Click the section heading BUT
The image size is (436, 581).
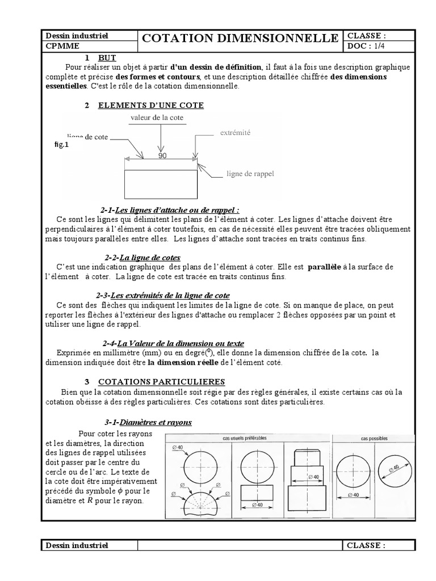coord(106,58)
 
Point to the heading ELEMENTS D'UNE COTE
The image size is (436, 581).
coord(151,106)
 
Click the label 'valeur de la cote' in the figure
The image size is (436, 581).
coord(161,117)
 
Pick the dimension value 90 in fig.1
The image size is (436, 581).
coord(162,155)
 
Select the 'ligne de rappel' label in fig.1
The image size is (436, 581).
coord(250,174)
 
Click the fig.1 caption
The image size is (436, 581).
coord(61,145)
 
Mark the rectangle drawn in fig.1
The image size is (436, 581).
coord(161,183)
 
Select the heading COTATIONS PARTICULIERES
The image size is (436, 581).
coord(162,382)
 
